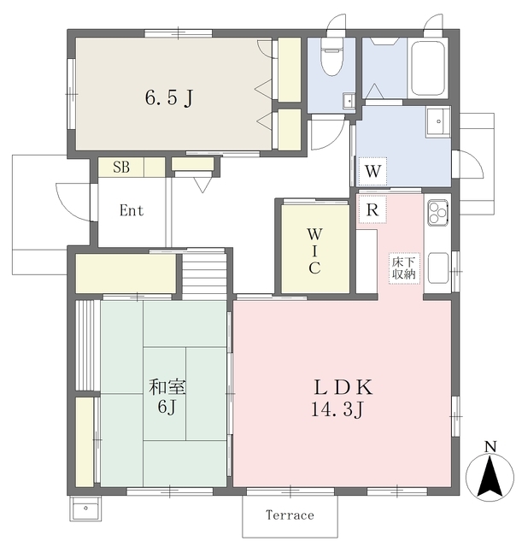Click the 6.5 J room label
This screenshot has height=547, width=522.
click(169, 97)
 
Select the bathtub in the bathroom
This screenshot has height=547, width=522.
click(427, 68)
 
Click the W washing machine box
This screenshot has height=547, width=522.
click(372, 171)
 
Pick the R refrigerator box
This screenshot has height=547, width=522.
click(372, 209)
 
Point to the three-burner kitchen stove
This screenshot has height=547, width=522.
click(438, 212)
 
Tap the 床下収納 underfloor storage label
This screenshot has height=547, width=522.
click(404, 268)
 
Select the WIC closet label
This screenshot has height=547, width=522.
click(314, 251)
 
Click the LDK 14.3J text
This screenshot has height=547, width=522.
click(342, 398)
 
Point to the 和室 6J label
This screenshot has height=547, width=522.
click(167, 397)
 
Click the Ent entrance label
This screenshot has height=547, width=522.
click(131, 210)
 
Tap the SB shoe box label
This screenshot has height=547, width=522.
click(121, 168)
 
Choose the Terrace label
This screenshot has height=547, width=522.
click(290, 515)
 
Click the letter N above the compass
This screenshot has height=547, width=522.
click(490, 447)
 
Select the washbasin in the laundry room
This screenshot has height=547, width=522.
click(438, 121)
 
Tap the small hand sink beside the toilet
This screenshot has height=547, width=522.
click(349, 101)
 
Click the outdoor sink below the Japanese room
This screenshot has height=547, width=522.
click(85, 509)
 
